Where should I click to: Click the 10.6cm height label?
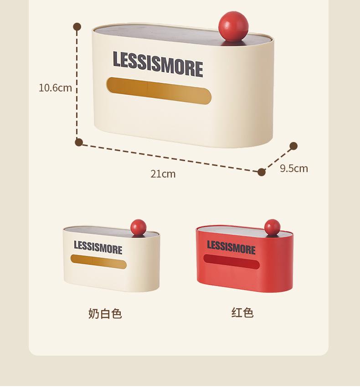tap(55, 87)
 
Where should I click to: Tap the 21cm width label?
tap(163, 173)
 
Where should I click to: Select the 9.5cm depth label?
tap(294, 168)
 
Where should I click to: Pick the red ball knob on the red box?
tap(272, 227)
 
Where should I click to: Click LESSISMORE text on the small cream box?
tap(98, 248)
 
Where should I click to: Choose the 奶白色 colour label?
tap(105, 313)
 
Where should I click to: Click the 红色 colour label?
tap(242, 312)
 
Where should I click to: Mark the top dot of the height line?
tap(77, 27)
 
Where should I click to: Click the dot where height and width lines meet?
tap(78, 142)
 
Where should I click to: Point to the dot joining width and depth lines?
tap(262, 172)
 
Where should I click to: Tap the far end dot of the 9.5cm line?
tap(293, 146)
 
